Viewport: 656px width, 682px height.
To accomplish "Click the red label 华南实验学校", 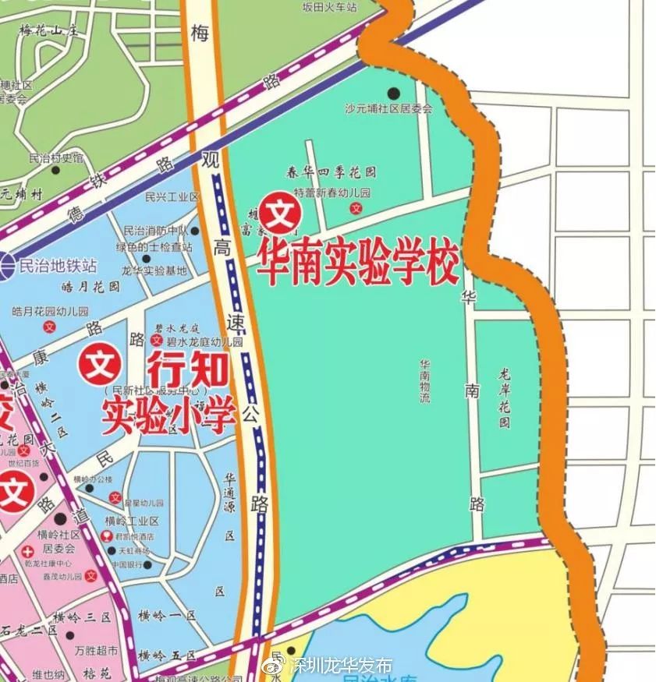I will pos(360,265).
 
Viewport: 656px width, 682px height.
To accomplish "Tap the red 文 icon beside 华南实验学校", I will pos(279,212).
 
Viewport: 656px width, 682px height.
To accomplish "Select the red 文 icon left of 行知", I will pos(100,363).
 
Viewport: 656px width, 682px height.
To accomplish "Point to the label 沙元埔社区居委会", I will pos(388,110).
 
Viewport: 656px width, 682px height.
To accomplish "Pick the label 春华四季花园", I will pos(332,172).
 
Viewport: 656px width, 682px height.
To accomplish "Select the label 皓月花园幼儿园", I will pos(54,311).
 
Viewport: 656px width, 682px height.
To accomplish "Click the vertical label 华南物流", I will pos(425,381).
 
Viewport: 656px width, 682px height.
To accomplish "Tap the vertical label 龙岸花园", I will pos(505,398).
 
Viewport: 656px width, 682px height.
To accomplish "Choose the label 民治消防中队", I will pos(156,231).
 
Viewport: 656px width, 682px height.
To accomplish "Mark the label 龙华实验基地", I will pos(154,270).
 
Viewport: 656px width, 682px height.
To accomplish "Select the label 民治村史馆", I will pos(55,157).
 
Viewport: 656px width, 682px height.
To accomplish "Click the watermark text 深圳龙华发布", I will pos(341,667).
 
